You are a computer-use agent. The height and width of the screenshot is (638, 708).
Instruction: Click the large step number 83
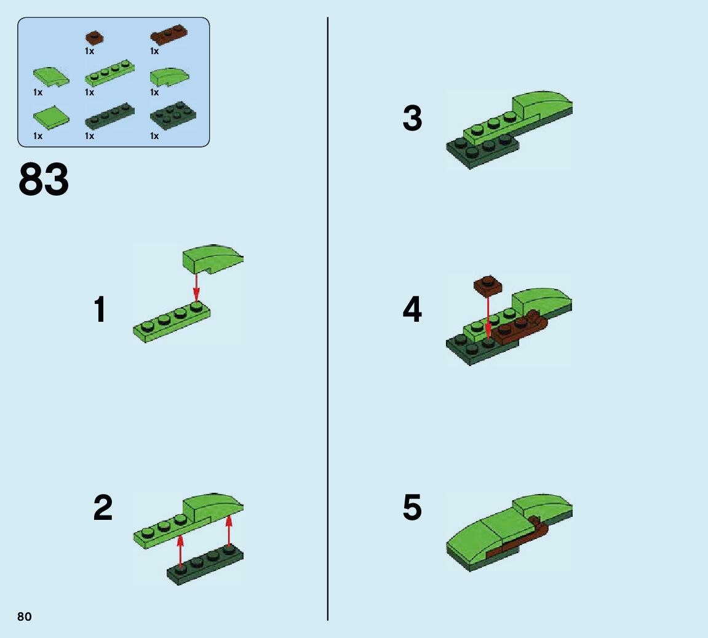click(x=44, y=179)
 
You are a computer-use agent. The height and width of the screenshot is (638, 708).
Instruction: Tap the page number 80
click(x=25, y=617)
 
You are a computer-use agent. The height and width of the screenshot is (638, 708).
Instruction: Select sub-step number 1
click(x=100, y=309)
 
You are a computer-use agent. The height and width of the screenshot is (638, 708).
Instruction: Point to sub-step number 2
click(x=103, y=508)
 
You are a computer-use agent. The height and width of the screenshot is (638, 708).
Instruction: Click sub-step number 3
click(x=412, y=118)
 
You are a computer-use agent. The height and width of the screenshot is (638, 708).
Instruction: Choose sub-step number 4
click(x=412, y=309)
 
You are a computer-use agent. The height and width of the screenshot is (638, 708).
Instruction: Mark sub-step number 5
click(x=412, y=507)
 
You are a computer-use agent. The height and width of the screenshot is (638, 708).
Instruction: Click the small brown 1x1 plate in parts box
click(x=94, y=37)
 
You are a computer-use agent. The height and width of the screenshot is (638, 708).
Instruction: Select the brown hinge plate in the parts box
click(x=169, y=35)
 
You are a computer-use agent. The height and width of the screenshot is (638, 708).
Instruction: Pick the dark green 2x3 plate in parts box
click(x=173, y=116)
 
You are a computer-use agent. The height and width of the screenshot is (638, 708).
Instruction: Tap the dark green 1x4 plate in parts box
click(x=109, y=116)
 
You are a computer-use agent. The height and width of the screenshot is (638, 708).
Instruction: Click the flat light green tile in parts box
click(x=52, y=117)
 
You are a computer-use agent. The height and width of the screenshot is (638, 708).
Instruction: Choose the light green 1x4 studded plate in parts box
click(x=109, y=73)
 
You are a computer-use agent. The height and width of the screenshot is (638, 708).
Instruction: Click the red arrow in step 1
click(x=196, y=287)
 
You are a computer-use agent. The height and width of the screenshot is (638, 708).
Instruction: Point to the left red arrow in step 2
click(x=180, y=551)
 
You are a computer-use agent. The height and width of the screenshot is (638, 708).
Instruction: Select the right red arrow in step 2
click(x=229, y=531)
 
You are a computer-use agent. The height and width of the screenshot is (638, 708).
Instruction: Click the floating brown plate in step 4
click(x=488, y=285)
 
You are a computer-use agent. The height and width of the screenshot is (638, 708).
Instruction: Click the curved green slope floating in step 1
click(x=213, y=259)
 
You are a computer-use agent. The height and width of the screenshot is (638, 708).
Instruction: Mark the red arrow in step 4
click(x=488, y=316)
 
